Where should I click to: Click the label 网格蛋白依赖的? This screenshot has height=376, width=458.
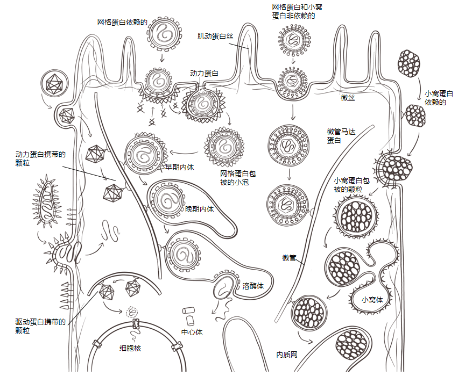click(122, 22)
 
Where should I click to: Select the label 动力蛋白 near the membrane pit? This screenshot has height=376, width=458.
click(204, 73)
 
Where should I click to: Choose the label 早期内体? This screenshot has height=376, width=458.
click(180, 167)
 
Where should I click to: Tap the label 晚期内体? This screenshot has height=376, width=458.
click(199, 209)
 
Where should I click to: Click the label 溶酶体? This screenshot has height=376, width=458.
click(253, 286)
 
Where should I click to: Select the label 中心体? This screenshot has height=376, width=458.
click(192, 332)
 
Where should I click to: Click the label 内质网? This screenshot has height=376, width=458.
click(287, 355)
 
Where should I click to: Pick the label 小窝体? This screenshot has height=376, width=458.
click(372, 300)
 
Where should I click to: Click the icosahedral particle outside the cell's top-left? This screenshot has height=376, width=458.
click(54, 83)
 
